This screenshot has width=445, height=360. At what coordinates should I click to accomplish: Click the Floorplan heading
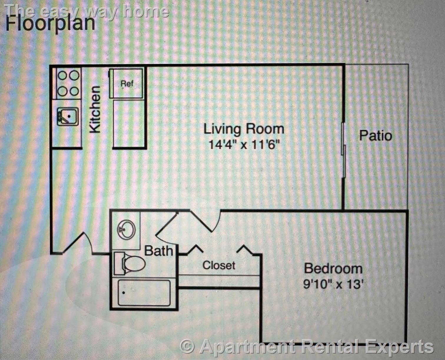50,24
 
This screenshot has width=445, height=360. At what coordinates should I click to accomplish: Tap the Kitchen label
95,109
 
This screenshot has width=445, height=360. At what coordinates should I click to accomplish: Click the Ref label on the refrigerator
127,84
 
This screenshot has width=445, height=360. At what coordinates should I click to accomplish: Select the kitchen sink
68,117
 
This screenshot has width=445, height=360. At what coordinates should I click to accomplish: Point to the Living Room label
244,129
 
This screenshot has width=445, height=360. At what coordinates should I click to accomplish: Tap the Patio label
376,136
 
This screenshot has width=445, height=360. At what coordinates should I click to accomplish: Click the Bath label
159,251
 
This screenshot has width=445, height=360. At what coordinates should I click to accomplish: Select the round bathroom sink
126,230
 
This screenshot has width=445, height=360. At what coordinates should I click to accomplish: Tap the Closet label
219,265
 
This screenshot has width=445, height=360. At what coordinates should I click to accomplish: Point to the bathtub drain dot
124,293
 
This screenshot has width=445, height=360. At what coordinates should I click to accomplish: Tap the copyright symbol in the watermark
187,346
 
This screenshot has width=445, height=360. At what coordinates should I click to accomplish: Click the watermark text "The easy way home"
87,12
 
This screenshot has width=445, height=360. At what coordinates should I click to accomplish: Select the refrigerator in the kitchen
127,83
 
